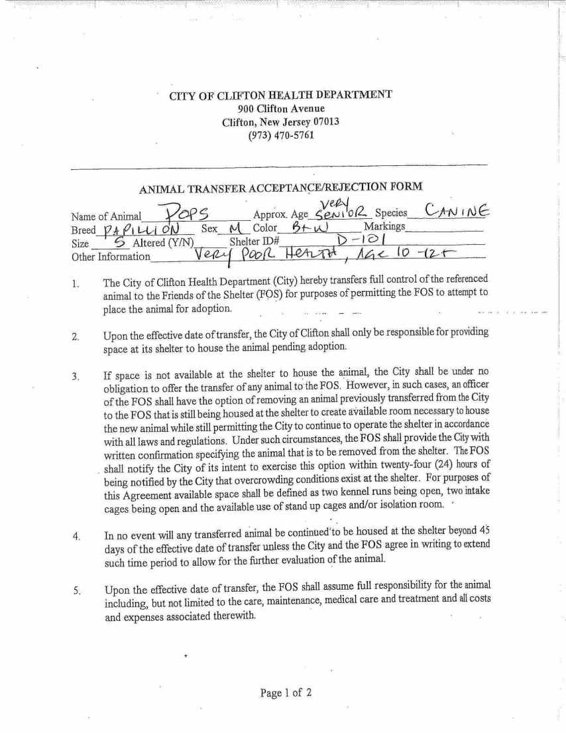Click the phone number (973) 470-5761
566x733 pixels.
pyautogui.click(x=281, y=135)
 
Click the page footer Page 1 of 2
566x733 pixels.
pyautogui.click(x=286, y=693)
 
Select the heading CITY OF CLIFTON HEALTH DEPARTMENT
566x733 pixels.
pyautogui.click(x=281, y=95)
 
